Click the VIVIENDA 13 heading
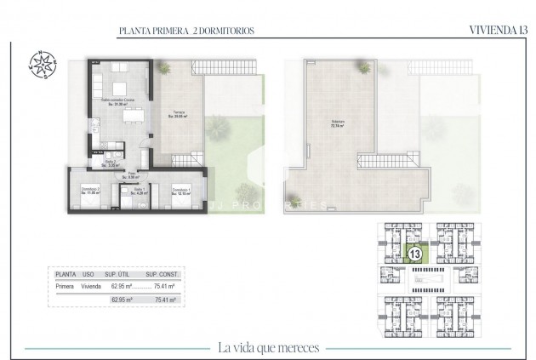tap(493, 31)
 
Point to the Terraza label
tap(180, 114)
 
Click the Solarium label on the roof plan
tap(326, 122)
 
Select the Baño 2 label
tap(111, 162)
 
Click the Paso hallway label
tap(132, 175)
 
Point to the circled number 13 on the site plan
tap(415, 254)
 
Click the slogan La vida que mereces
tap(267, 346)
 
